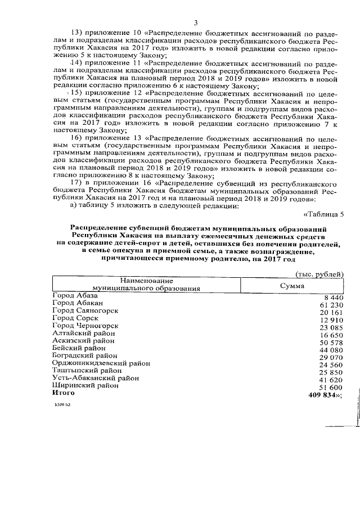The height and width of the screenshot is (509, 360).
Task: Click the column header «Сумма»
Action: tap(292, 286)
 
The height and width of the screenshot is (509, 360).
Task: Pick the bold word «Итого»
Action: tap(63, 394)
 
